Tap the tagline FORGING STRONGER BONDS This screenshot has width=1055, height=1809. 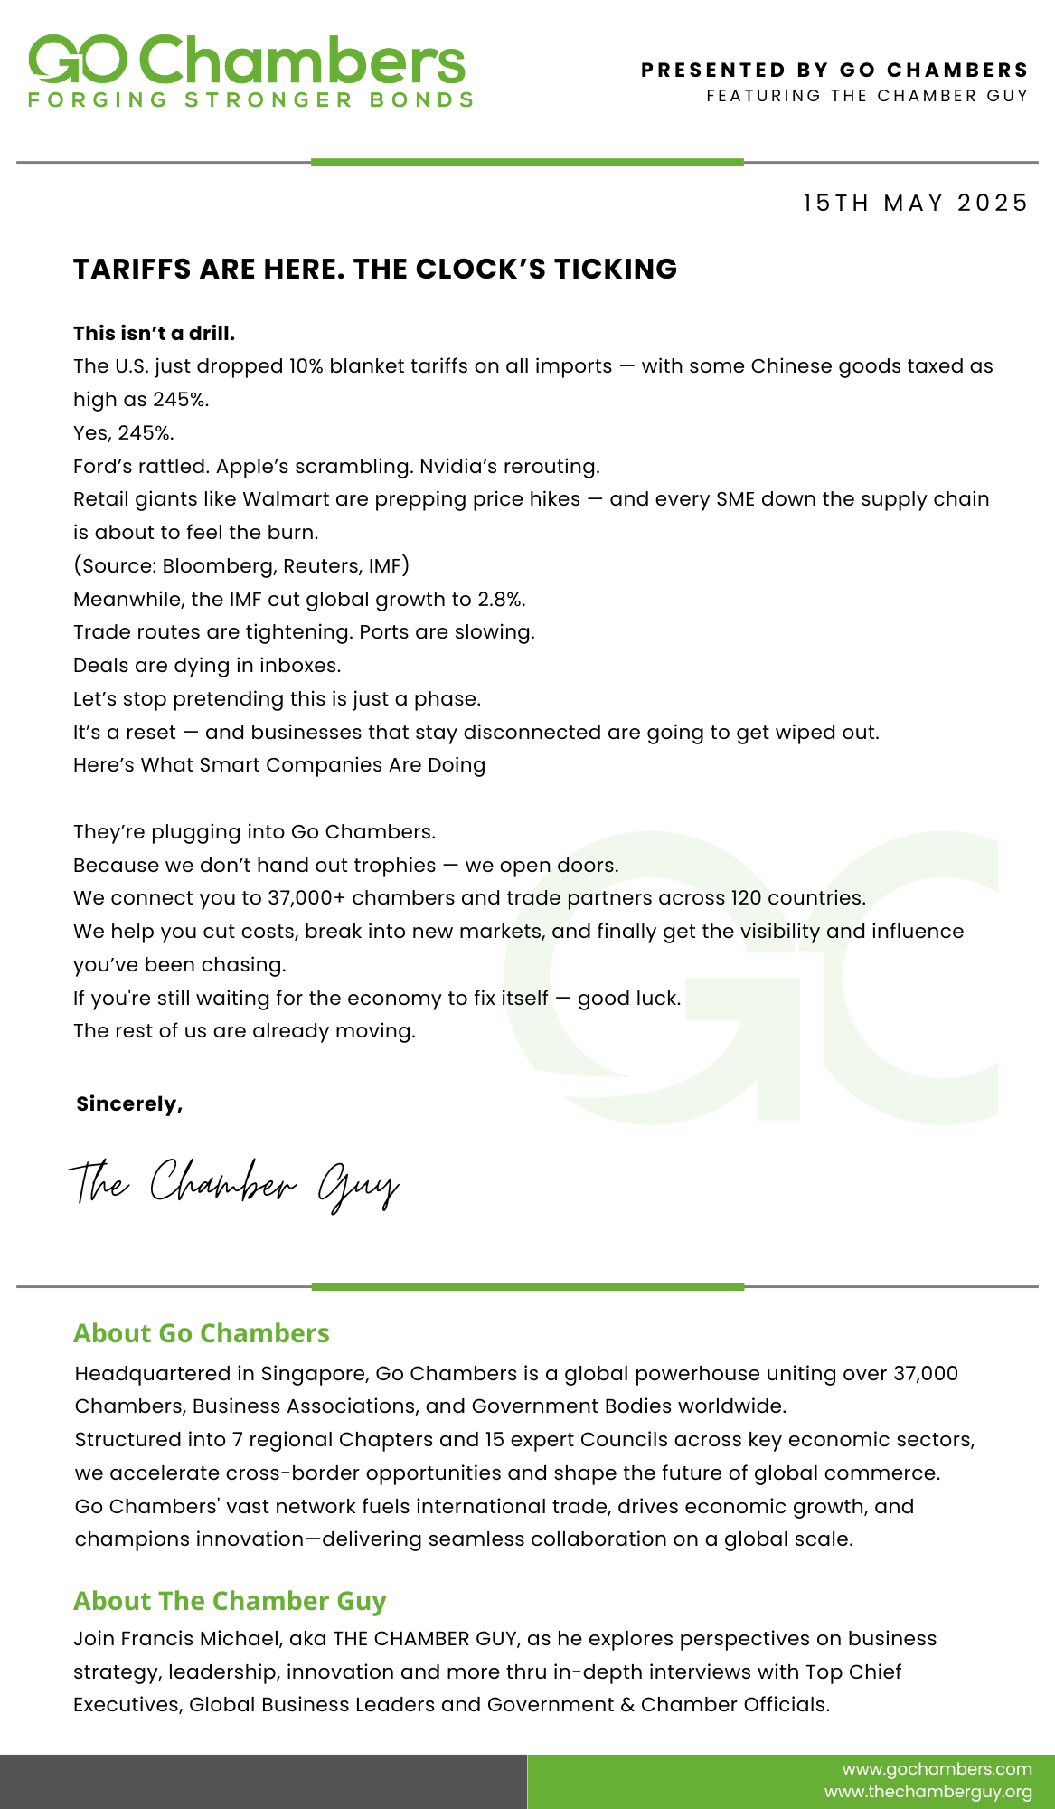250,100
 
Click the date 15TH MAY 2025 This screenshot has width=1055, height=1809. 915,203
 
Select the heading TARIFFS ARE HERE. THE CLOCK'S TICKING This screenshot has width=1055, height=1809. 375,270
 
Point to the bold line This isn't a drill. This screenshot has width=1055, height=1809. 154,333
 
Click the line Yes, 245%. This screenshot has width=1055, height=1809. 123,432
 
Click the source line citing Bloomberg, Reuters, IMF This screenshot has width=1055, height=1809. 241,565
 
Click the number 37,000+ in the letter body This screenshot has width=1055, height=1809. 306,897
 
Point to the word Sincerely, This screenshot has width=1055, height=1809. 129,1103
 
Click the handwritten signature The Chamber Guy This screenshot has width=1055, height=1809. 233,1184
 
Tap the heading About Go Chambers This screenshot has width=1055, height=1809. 201,1333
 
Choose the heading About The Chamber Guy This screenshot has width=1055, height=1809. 230,1601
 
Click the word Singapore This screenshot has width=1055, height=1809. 314,1373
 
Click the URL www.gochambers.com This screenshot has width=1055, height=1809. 937,1768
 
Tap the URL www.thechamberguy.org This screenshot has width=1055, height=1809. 928,1792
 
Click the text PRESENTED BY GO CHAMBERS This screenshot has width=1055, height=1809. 834,71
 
